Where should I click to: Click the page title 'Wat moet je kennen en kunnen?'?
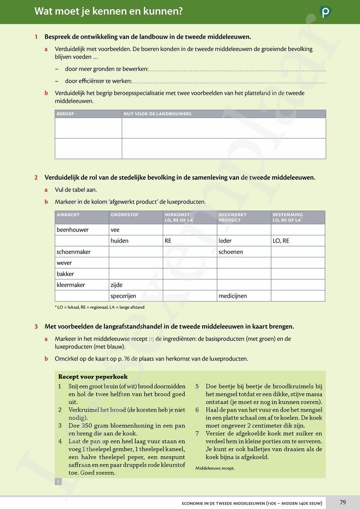108,11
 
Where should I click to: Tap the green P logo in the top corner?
325,12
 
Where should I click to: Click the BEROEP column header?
66,114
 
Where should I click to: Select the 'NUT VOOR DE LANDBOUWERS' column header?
157,114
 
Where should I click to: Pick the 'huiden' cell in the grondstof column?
120,241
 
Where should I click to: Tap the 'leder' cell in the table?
225,241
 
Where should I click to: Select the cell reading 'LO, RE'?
281,241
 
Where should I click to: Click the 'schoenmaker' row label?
73,252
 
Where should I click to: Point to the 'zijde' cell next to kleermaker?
117,285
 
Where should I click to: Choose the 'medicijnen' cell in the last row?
233,296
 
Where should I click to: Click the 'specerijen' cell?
123,296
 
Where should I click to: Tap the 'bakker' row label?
65,274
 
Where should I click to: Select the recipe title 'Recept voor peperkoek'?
93,377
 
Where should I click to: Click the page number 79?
343,502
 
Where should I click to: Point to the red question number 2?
36,177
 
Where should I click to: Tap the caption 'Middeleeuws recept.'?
215,468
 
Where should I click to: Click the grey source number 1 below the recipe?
58,482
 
